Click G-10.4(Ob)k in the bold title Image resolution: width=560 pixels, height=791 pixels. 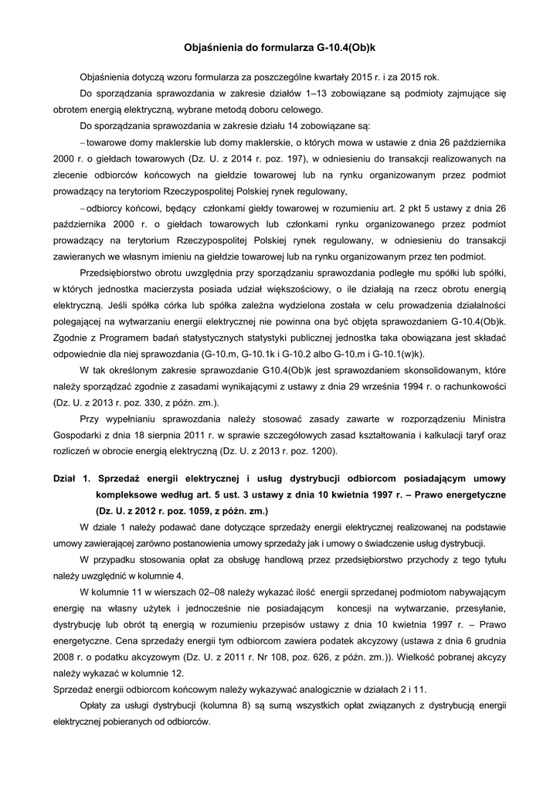(345, 47)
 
